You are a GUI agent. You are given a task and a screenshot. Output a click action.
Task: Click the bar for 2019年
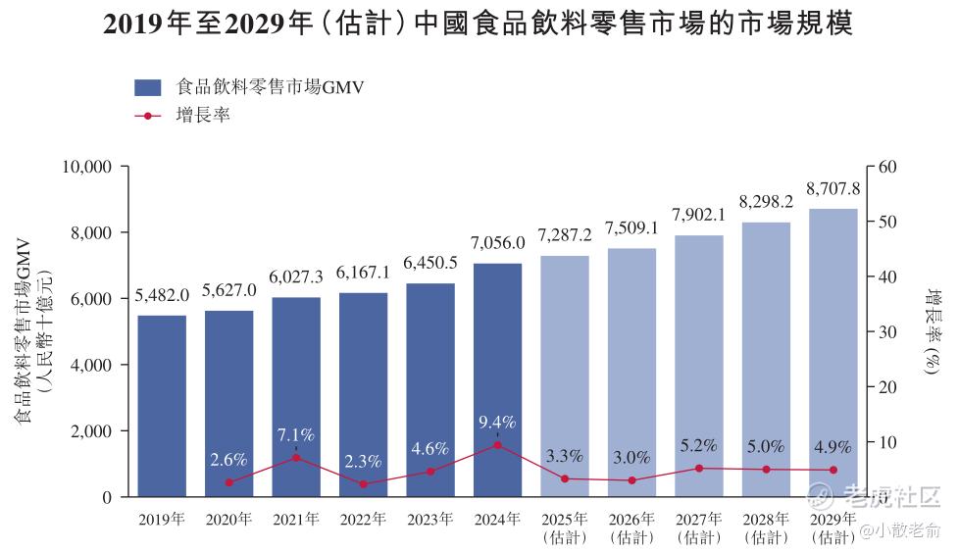[162, 406]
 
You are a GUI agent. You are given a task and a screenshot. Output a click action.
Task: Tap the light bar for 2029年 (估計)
[833, 353]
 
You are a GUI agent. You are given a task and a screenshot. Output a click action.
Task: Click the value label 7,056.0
[497, 243]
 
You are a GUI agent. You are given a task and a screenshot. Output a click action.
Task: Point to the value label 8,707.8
[833, 188]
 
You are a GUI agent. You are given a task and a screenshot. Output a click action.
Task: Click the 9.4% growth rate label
[497, 423]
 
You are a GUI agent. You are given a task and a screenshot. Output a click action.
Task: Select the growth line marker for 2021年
[296, 458]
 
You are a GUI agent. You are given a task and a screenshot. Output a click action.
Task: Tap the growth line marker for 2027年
[699, 468]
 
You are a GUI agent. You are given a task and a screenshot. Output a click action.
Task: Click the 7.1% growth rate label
[296, 435]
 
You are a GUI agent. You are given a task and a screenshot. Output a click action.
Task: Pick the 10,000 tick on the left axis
[85, 167]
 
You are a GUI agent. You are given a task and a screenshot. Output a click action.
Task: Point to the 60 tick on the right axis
[886, 167]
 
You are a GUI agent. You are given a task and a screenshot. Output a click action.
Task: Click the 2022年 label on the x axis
[363, 520]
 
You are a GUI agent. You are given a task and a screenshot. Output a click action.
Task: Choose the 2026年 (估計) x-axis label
[631, 527]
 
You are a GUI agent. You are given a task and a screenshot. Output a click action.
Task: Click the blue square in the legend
[148, 87]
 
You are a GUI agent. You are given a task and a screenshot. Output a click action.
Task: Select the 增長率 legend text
[203, 116]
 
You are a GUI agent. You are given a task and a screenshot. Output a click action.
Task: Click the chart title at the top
[479, 25]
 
